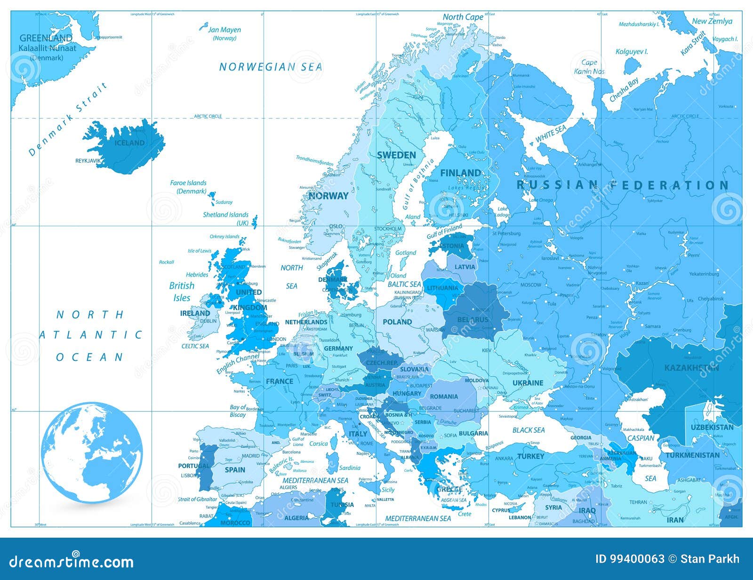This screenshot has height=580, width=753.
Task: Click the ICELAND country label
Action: pos(130,143)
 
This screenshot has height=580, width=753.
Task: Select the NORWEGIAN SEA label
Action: pos(271,67)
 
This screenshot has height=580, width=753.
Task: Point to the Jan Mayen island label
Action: pos(224,30)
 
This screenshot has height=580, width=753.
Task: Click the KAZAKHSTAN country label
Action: pos(691,368)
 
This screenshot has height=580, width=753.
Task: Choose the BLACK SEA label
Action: pos(529,430)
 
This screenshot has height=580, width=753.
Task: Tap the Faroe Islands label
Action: pos(188,183)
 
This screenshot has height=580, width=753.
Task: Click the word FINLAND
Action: pos(460,173)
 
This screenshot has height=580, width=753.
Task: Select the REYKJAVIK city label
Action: pos(88,161)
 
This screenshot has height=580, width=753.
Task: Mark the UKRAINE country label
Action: pos(528,383)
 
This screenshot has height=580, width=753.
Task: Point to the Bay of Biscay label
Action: pos(238,411)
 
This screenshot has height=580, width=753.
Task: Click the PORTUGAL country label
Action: pos(193,466)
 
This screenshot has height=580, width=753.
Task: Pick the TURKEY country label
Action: pos(530,456)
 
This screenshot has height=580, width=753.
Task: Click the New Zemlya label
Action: pos(712,21)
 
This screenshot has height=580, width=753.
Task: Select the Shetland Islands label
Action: pos(225,215)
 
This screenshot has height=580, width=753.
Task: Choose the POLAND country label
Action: pos(397,322)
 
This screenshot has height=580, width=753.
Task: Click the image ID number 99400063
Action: pos(630,559)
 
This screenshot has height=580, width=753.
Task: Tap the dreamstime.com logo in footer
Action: pos(72,562)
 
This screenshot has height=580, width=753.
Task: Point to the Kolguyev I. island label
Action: pos(632,52)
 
